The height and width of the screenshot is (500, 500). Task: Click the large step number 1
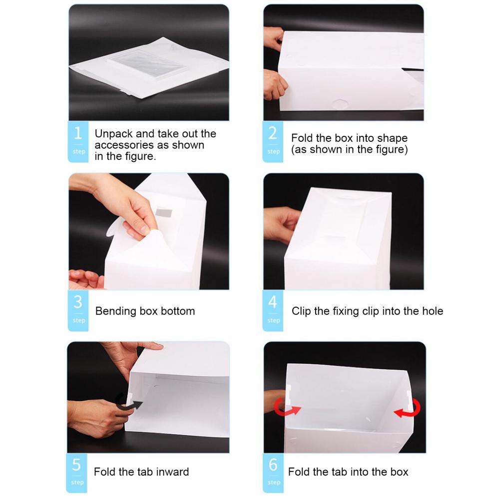(x=78, y=133)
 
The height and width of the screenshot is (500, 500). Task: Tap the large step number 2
(x=273, y=133)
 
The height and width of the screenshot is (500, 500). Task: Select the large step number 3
(x=78, y=302)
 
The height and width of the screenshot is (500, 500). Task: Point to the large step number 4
(x=273, y=302)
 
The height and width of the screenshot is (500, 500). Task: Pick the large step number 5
(x=76, y=465)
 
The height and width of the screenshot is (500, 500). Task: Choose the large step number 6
(x=273, y=465)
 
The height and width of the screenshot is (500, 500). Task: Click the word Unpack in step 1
(x=114, y=134)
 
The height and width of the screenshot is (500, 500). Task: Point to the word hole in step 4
(x=433, y=311)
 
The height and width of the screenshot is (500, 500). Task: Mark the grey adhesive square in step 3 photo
(x=164, y=213)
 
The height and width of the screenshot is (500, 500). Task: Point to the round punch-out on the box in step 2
(x=340, y=103)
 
